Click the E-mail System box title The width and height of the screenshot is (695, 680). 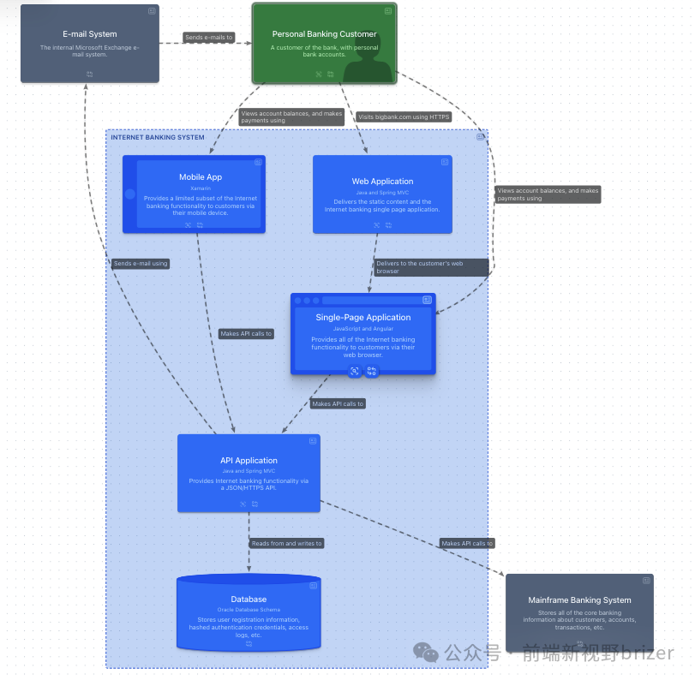coord(90,34)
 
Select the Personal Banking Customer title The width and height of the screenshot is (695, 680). coord(324,34)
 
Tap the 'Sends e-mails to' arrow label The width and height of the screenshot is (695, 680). coord(208,38)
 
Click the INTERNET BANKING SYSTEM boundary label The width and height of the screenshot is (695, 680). coord(158,137)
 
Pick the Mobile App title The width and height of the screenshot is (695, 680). coord(201,177)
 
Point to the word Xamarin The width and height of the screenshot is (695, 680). coord(201,188)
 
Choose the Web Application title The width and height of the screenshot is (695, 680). coord(382,182)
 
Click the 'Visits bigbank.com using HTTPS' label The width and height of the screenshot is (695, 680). coord(404,116)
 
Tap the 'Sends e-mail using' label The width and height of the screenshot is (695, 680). coord(141,264)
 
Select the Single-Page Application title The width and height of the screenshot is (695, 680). coord(363,317)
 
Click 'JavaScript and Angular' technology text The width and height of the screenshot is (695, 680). coord(363,329)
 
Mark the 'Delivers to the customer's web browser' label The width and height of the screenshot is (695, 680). coord(431,267)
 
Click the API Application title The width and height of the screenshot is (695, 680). coord(249,461)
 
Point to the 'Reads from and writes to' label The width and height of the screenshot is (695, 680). coord(286,543)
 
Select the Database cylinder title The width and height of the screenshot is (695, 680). coord(249,599)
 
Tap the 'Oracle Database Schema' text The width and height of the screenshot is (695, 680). coord(249,610)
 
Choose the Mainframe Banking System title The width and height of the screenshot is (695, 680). coord(579,600)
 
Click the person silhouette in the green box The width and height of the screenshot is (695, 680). coord(367,62)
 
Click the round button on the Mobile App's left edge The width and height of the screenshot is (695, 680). coord(130,194)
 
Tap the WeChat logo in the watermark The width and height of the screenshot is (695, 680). coord(426,653)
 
